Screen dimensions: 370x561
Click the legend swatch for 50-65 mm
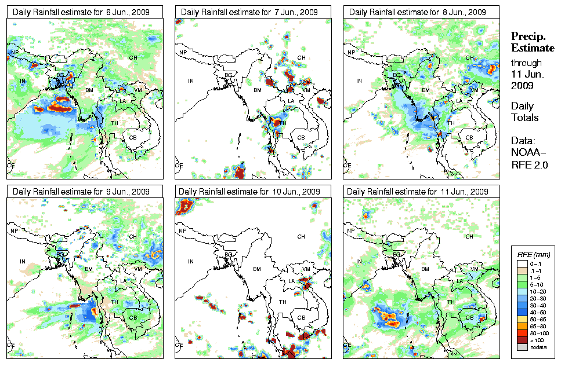(521, 319)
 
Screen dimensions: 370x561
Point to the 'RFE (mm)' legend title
(534, 254)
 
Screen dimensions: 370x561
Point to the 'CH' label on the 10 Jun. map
(301, 237)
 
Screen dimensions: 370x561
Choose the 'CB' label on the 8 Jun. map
(470, 137)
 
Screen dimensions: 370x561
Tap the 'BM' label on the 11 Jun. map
(426, 269)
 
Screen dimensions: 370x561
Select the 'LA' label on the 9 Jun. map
(123, 281)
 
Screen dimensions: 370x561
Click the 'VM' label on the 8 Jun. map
(475, 90)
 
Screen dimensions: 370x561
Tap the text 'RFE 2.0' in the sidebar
(526, 165)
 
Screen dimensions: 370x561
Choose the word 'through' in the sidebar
(526, 63)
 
